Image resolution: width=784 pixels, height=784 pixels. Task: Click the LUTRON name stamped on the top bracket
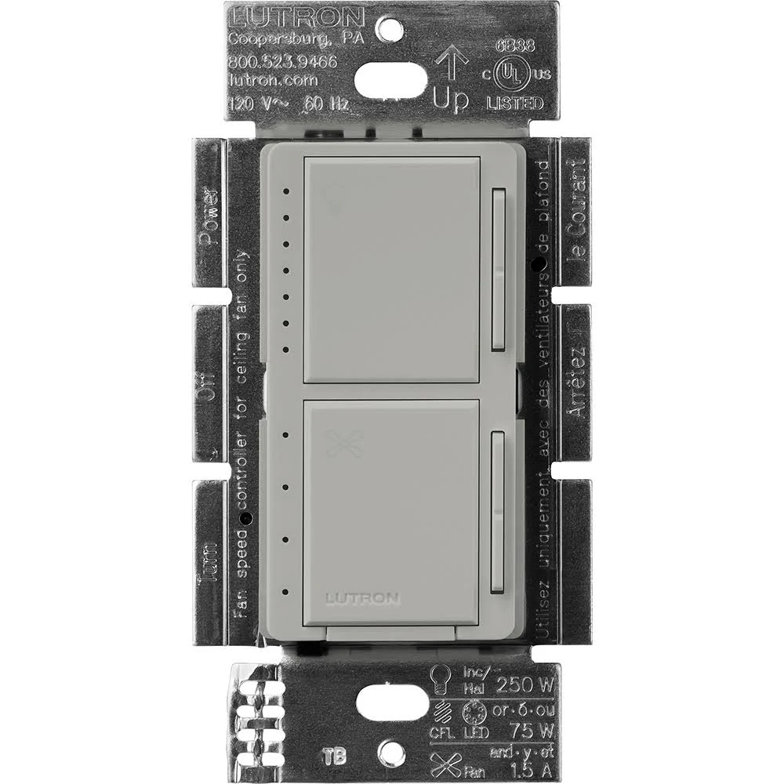pos(296,18)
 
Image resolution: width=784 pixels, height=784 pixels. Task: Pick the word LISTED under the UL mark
pos(515,103)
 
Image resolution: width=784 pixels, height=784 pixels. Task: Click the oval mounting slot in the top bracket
pos(390,79)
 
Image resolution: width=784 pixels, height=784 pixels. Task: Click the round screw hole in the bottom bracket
pos(390,753)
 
